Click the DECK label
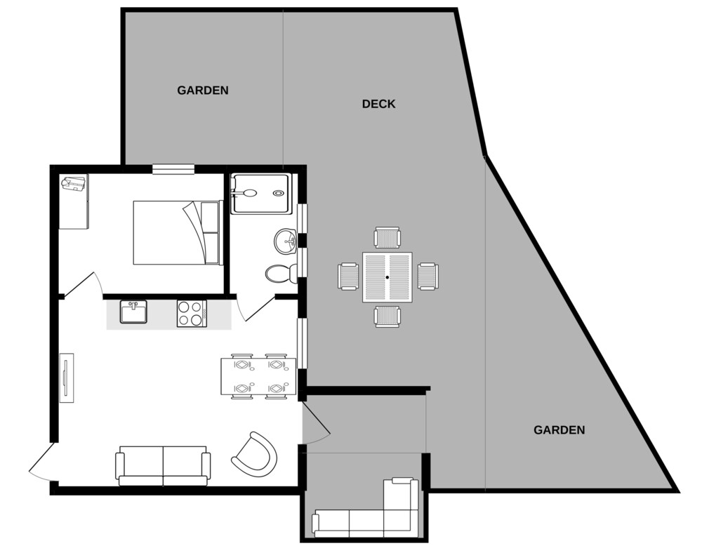(x=378, y=104)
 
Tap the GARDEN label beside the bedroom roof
(x=203, y=91)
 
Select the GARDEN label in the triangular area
(x=559, y=430)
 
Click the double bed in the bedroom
(x=178, y=233)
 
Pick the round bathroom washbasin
(x=285, y=241)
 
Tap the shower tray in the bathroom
(x=260, y=193)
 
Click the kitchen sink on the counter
(x=133, y=312)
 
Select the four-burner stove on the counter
(x=192, y=313)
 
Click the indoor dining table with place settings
(x=259, y=376)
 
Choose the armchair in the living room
(x=254, y=455)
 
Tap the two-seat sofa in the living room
(x=163, y=466)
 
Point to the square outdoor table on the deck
(x=388, y=277)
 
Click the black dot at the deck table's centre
(x=388, y=277)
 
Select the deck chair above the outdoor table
(x=388, y=238)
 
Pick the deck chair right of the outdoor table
(x=428, y=276)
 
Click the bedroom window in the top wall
(x=173, y=168)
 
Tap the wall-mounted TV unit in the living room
(x=67, y=378)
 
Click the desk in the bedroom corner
(x=74, y=201)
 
